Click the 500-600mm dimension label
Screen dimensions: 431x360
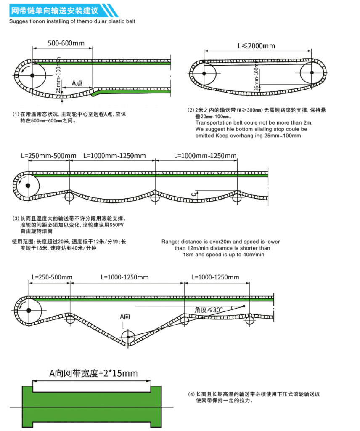66,43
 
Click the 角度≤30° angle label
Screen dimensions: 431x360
209,310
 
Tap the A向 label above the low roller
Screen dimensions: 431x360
125,316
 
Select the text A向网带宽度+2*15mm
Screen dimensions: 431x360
93,373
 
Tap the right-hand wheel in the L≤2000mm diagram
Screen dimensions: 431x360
312,73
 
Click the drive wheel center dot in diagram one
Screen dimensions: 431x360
32,76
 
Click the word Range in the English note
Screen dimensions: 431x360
169,242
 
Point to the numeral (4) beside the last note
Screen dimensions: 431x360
191,394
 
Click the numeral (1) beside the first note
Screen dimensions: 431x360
16,114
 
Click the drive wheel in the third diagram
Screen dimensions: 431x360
28,186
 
